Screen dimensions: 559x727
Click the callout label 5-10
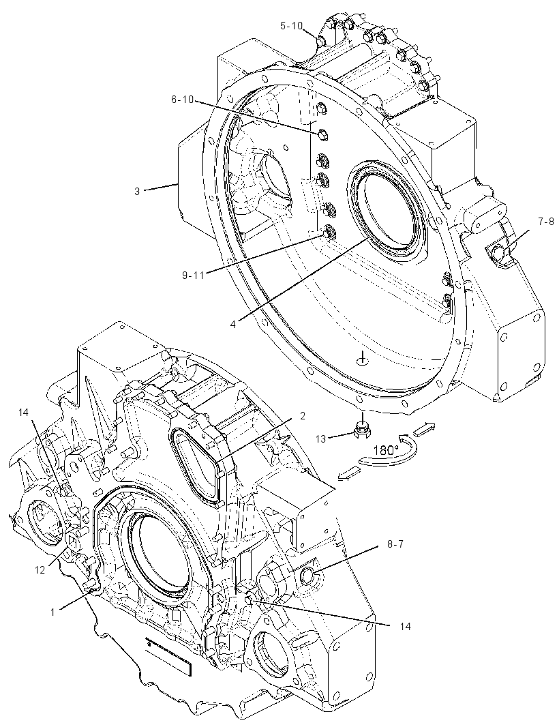tap(290, 26)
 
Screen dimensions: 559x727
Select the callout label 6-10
tap(183, 100)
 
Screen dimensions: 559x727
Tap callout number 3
tap(137, 190)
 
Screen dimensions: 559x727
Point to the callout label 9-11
tap(193, 276)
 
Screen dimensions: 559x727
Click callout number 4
tap(233, 324)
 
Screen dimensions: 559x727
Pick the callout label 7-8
tap(545, 222)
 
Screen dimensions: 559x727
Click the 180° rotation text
tap(386, 449)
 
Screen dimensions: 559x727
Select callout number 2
tap(302, 417)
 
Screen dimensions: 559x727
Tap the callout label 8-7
tap(395, 544)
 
